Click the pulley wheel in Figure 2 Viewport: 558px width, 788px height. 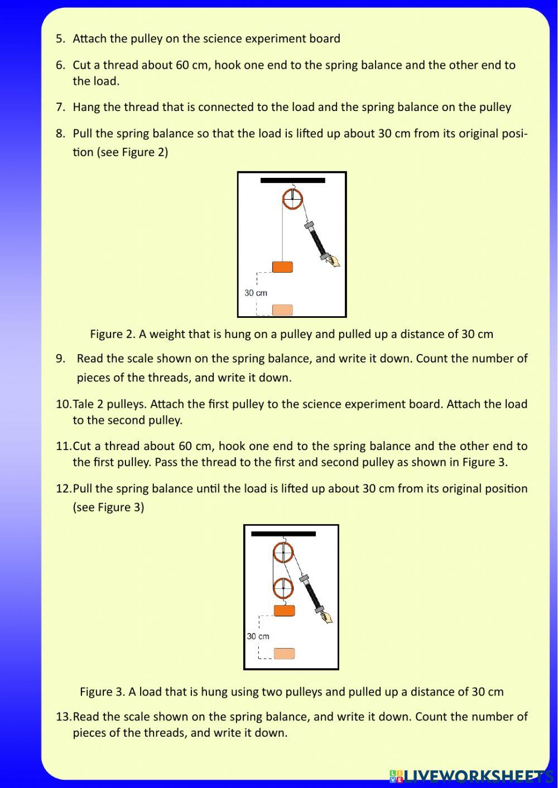tap(292, 199)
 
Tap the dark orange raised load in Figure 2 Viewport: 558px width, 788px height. tap(282, 267)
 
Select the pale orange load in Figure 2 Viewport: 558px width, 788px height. tap(282, 310)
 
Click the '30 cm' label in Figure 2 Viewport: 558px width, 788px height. tap(256, 293)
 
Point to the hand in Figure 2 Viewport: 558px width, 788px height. tap(333, 261)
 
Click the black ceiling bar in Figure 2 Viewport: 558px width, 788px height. tap(292, 181)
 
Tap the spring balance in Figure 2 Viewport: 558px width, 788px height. tap(316, 240)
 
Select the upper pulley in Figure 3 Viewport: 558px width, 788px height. tap(283, 553)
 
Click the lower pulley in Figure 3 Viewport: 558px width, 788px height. tap(283, 587)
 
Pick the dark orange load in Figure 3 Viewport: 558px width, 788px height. tap(284, 611)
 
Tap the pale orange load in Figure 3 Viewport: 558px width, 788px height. tap(284, 654)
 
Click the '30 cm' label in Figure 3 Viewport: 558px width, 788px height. tap(258, 636)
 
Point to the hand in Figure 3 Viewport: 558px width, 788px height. tap(326, 617)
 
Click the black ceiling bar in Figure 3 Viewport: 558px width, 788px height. tap(283, 534)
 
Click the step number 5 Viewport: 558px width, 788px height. tap(60, 39)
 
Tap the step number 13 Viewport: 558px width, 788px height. tap(63, 717)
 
